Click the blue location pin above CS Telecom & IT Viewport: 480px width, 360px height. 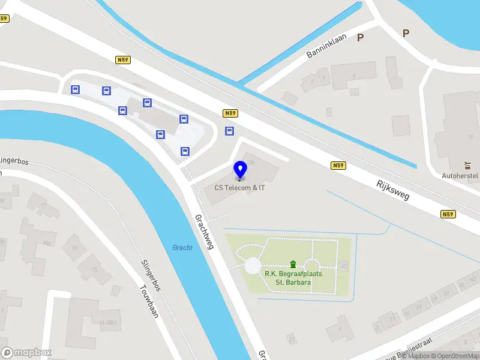[240, 170]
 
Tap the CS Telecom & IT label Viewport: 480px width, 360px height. [240, 188]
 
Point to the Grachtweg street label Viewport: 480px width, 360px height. [204, 232]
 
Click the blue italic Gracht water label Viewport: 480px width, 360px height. [182, 248]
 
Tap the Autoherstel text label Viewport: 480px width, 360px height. [460, 176]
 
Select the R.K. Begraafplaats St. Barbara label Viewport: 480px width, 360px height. [293, 278]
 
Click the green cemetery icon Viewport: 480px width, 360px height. [293, 264]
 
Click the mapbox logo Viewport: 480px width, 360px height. [26, 353]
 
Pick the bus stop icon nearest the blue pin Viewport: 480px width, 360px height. [229, 131]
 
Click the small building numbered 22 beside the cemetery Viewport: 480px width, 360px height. [344, 265]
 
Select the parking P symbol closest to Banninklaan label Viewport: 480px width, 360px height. [361, 38]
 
